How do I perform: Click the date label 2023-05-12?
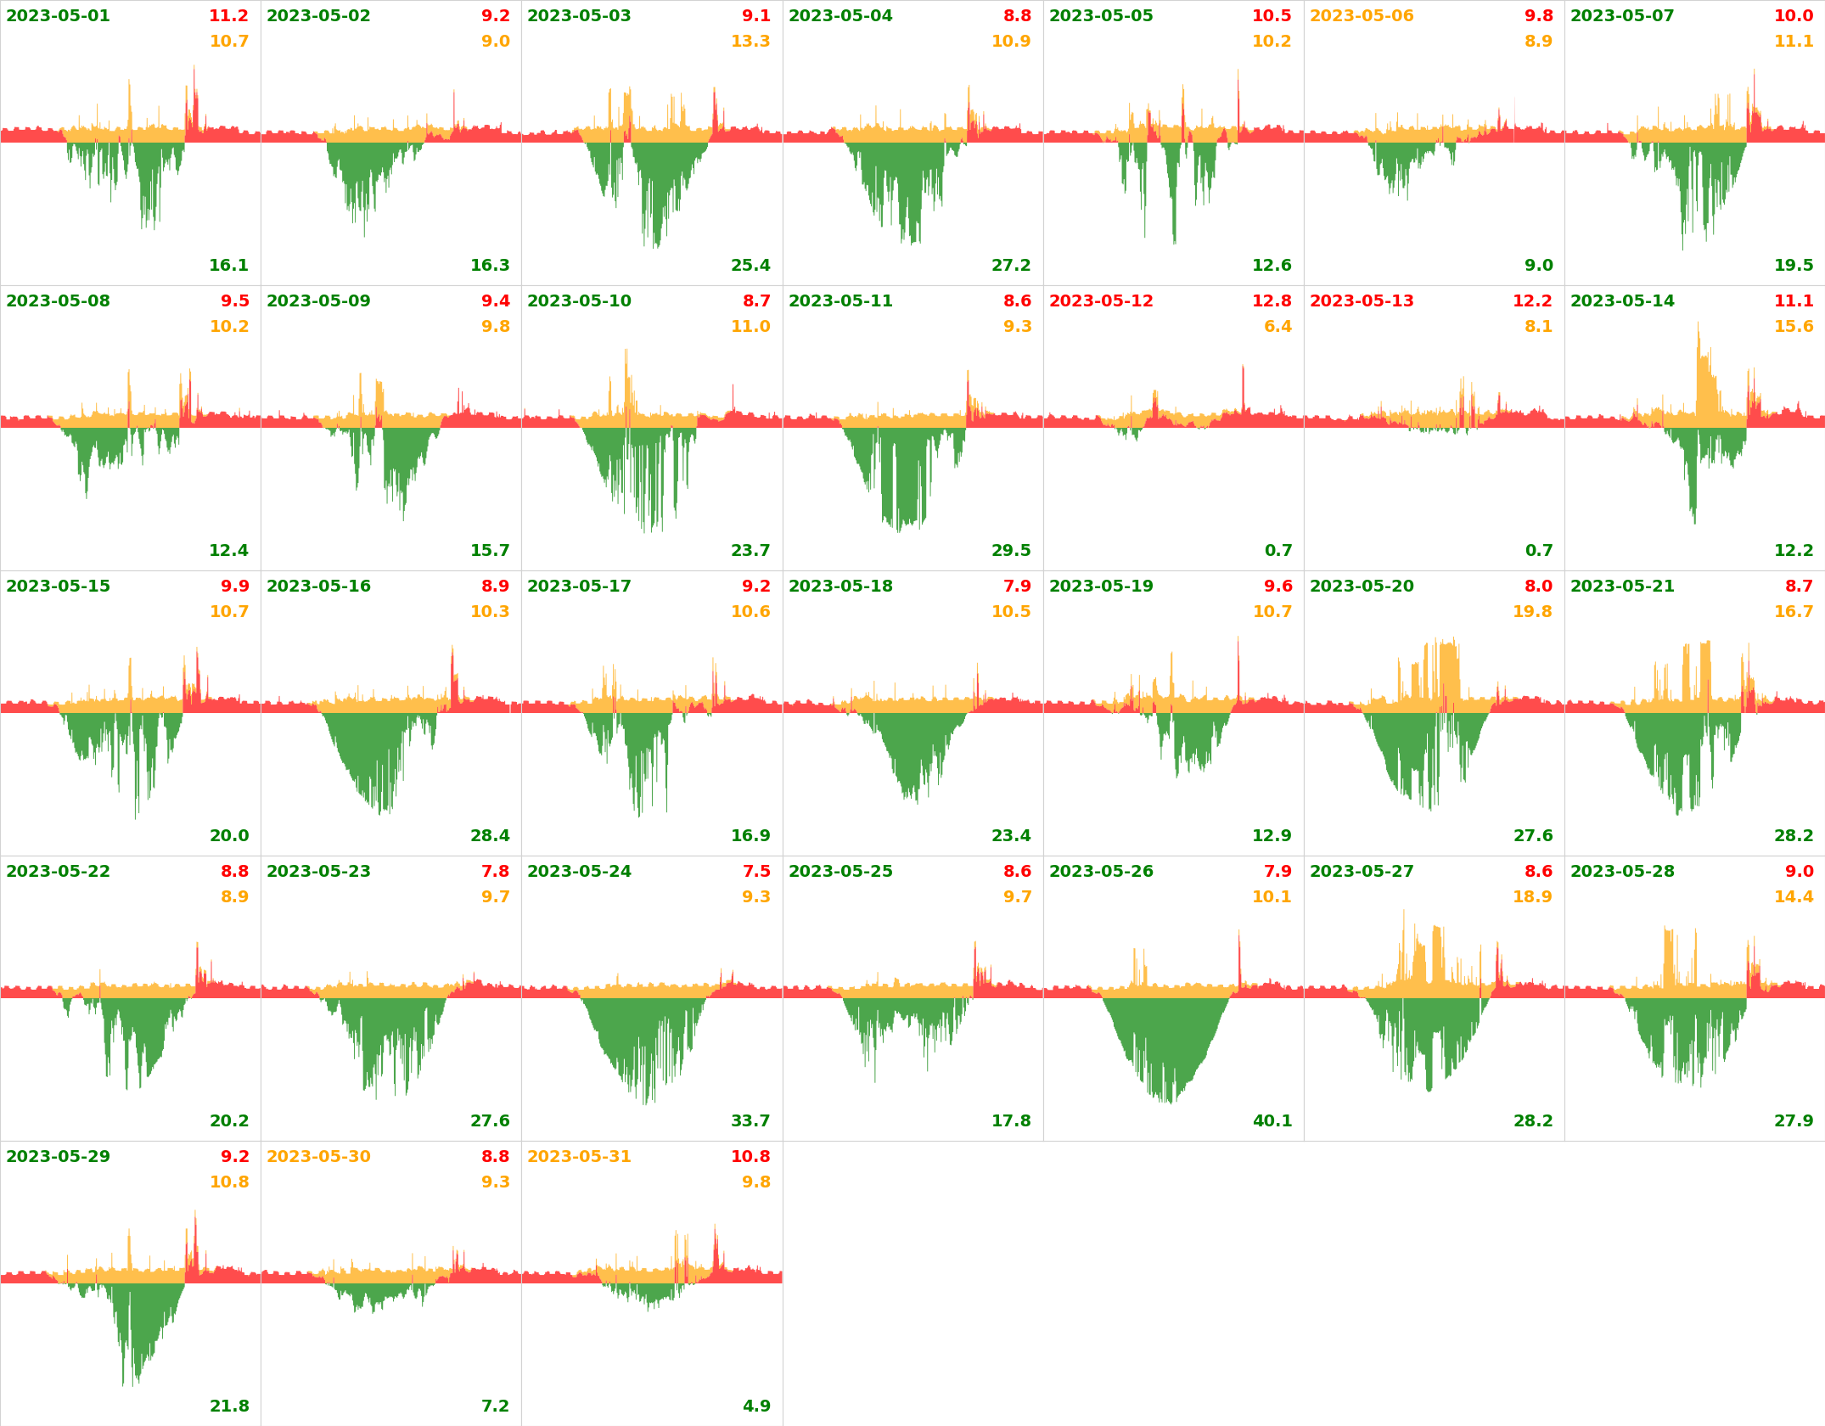click(x=1101, y=301)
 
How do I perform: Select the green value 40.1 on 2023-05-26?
click(x=1272, y=1121)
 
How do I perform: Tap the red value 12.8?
click(x=1272, y=301)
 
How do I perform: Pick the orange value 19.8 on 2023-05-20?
click(x=1532, y=612)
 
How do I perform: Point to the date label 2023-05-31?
click(x=579, y=1157)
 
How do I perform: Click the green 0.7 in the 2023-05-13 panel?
click(x=1539, y=551)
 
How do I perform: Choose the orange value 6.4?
click(x=1277, y=327)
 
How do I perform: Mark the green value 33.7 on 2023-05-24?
click(x=750, y=1121)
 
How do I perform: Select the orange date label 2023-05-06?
click(x=1362, y=16)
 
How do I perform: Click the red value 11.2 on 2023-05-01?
click(x=228, y=16)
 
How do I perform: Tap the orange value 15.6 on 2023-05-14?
click(x=1794, y=327)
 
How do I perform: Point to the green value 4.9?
click(x=756, y=1406)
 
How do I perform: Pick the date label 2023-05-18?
click(x=840, y=587)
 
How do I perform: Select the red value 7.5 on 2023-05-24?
click(x=756, y=872)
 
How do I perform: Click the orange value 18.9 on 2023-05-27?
click(x=1532, y=897)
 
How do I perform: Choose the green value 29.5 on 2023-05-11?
click(x=1011, y=551)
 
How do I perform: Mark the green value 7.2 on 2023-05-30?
click(x=496, y=1406)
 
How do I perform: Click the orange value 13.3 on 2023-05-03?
click(x=750, y=42)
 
